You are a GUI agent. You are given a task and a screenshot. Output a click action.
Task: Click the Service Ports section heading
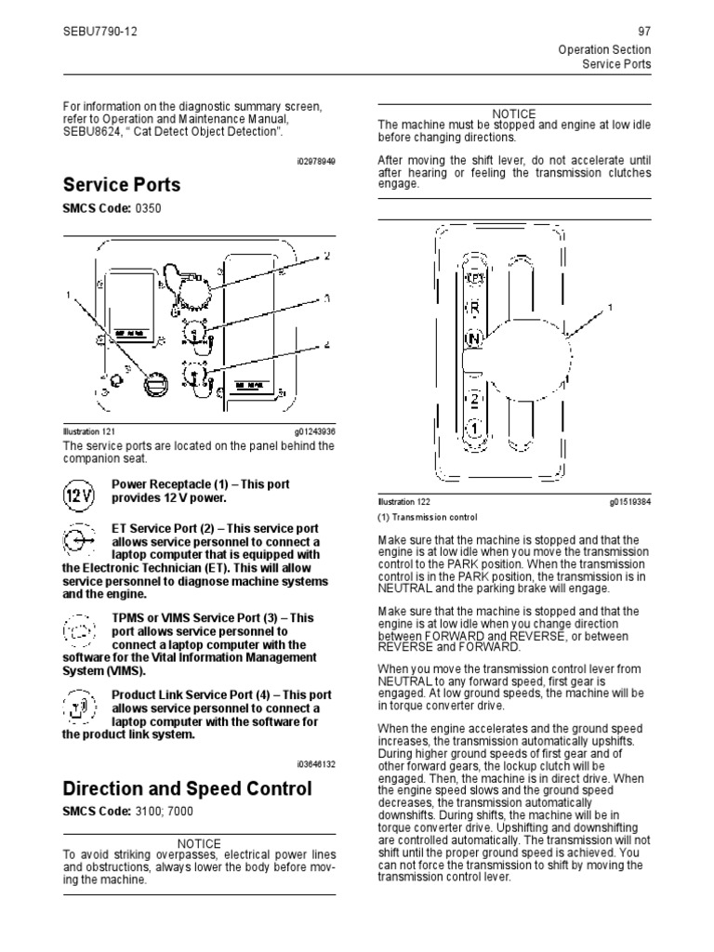[121, 184]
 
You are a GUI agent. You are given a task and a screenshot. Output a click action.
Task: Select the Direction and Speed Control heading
[187, 788]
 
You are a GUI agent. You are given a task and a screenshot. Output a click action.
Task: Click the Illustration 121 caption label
[88, 432]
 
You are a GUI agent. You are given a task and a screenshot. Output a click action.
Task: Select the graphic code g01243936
[314, 432]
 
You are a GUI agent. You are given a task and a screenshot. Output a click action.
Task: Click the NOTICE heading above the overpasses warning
[199, 844]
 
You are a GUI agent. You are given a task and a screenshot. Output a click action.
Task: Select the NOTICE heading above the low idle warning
[515, 113]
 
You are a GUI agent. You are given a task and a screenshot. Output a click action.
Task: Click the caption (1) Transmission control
[427, 518]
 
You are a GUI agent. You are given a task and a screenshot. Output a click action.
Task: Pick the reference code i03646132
[316, 763]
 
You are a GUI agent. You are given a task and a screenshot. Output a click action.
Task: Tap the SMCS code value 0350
[148, 208]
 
